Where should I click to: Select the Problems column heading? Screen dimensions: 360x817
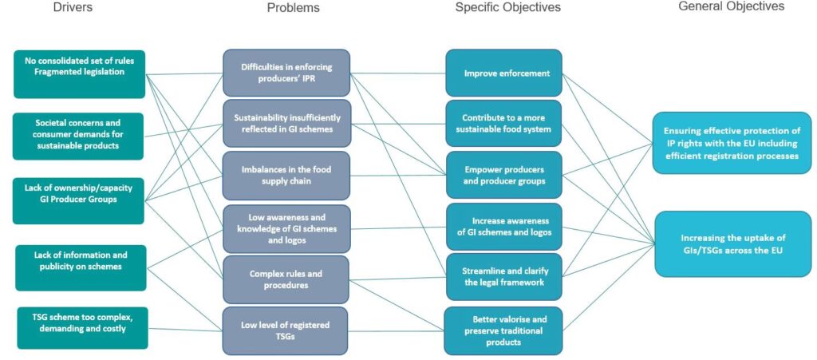(294, 8)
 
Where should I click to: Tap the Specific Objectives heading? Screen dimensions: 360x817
(508, 7)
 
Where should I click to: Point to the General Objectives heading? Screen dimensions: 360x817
(731, 6)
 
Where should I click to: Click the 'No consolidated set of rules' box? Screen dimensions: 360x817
(79, 74)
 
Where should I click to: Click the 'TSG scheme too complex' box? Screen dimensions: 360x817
(82, 323)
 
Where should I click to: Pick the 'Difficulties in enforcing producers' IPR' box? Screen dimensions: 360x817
(286, 73)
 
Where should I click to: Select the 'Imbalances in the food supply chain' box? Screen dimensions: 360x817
(286, 176)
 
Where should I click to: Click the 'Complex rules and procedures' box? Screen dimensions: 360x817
(286, 279)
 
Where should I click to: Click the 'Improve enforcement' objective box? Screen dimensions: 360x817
(503, 73)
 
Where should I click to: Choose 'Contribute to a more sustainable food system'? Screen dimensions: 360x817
(503, 123)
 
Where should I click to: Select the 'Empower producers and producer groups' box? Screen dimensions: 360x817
(503, 175)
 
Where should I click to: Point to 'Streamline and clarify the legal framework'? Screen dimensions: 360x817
(503, 277)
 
